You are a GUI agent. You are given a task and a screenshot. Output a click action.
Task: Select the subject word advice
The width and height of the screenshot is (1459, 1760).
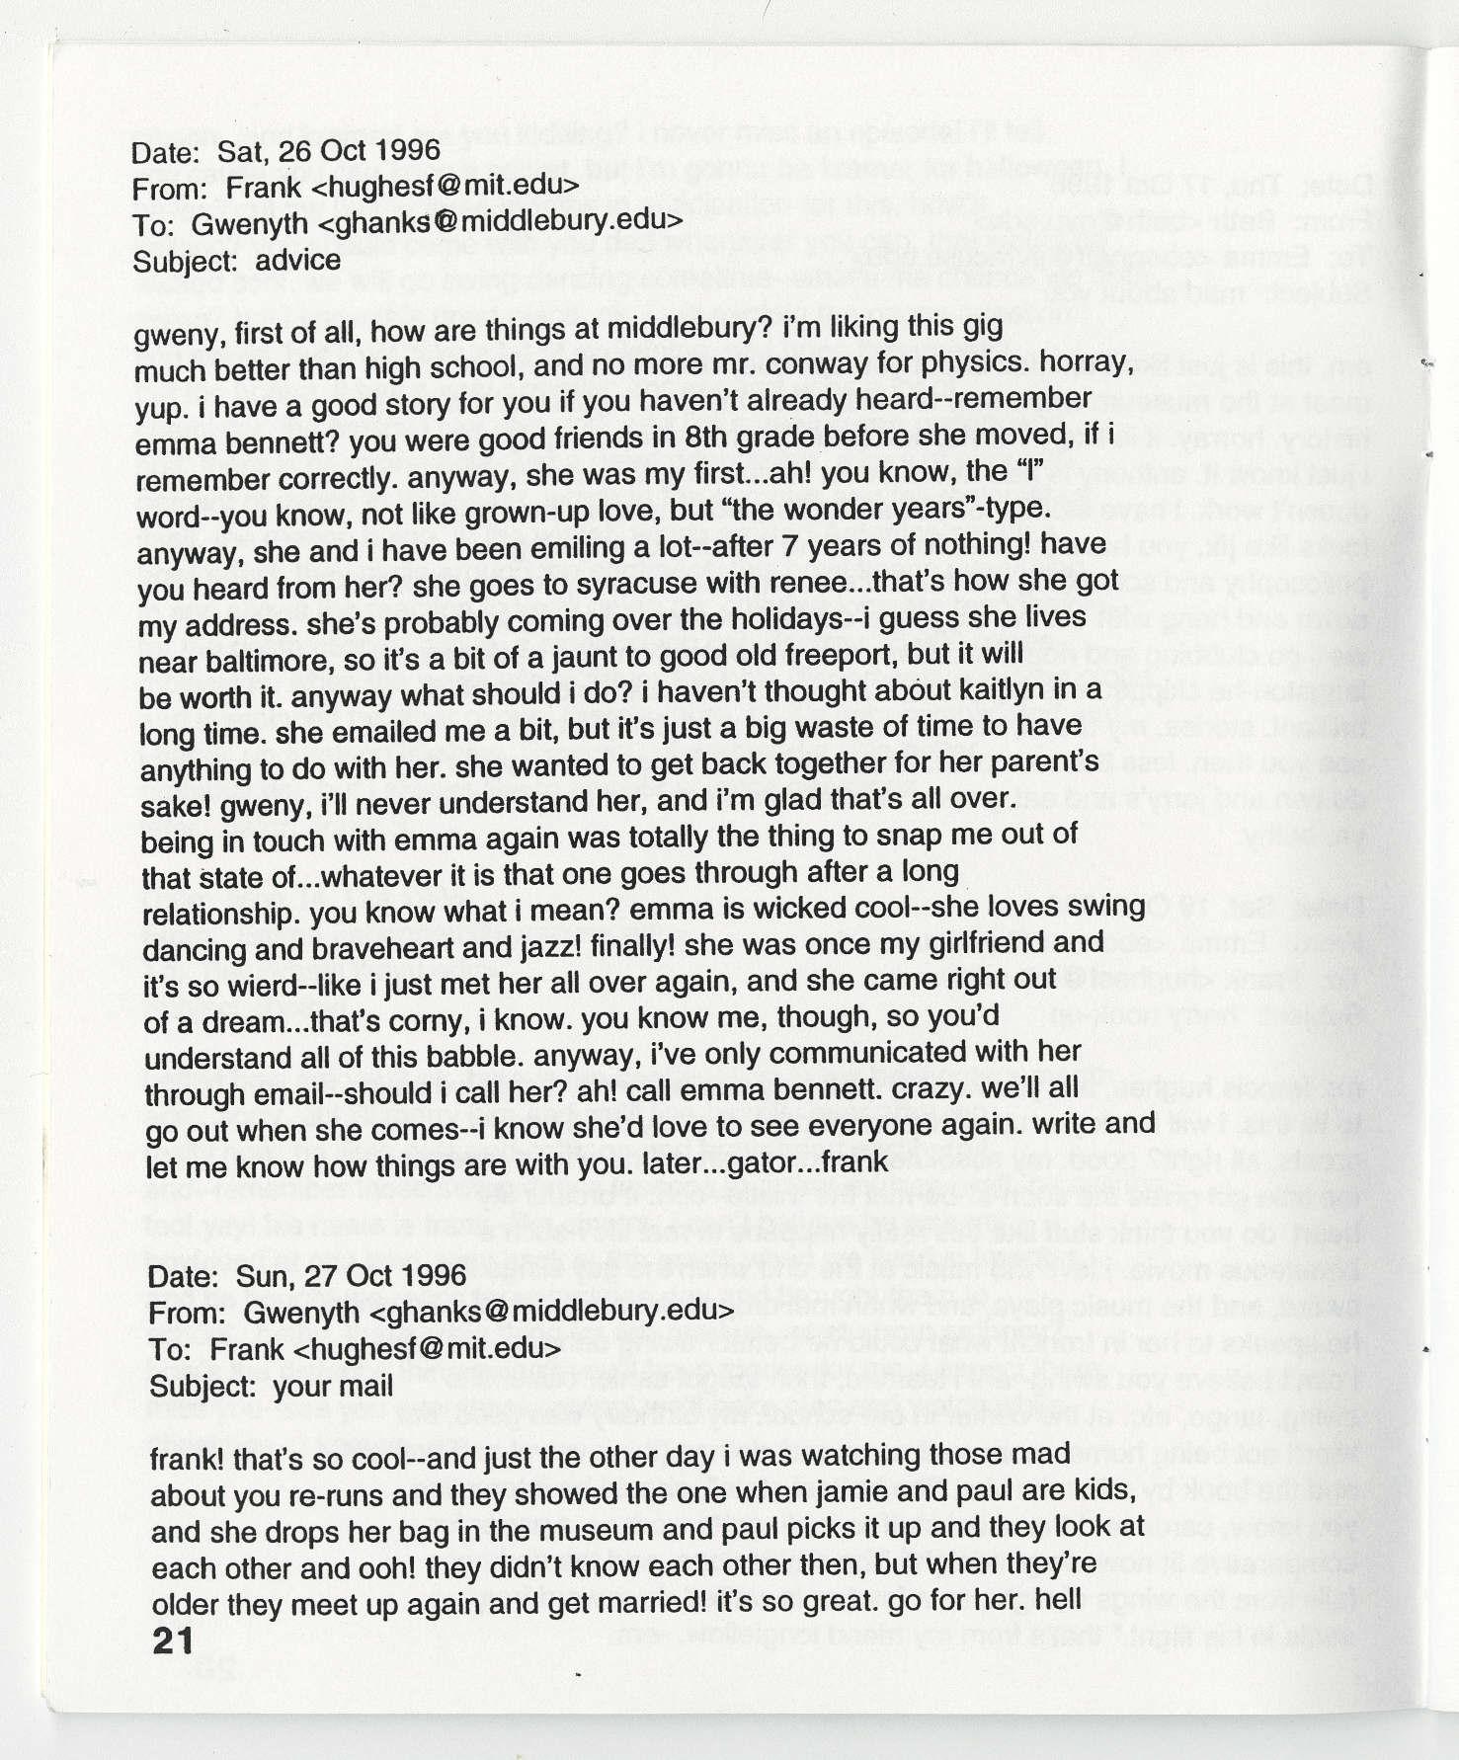(x=297, y=261)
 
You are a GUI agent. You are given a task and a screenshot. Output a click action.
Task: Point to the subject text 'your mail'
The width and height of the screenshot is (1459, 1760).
(x=333, y=1386)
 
